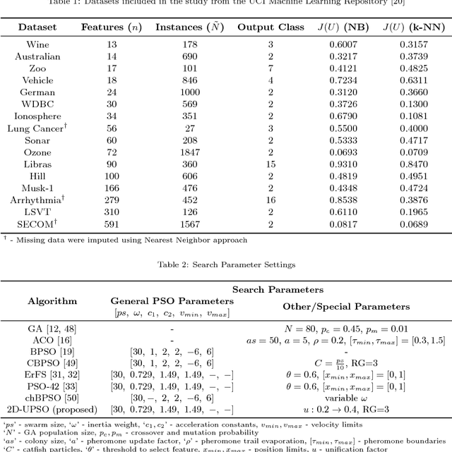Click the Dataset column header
click(37, 27)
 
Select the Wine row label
click(37, 44)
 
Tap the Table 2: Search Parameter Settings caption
click(225, 264)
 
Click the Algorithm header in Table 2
click(52, 300)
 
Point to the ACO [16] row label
click(52, 340)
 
